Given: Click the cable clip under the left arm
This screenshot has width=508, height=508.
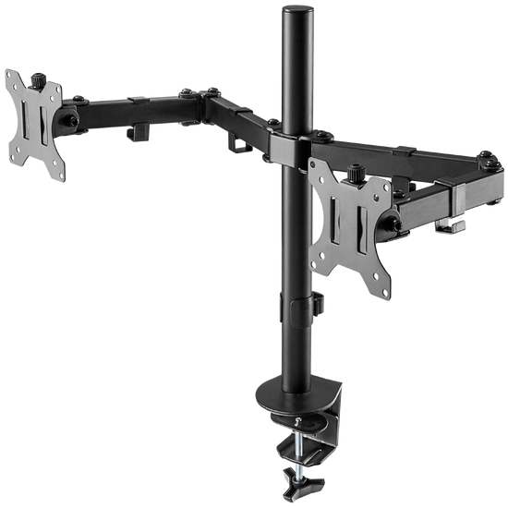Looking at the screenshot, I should (135, 132).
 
